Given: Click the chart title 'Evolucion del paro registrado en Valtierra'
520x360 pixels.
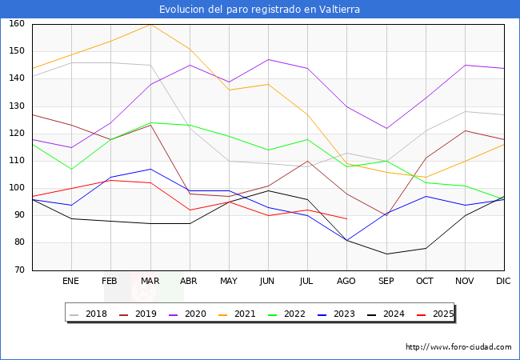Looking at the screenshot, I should coord(259,10).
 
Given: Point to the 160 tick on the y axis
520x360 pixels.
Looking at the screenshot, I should coord(16,24).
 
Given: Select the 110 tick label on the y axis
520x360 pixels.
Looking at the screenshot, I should coord(16,161).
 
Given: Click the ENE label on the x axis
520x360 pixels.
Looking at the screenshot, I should coord(71,282).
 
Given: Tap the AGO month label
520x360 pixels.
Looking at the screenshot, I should coord(346,282).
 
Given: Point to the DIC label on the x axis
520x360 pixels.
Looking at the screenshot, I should coord(503,282).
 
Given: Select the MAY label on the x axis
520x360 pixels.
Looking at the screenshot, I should coord(229,282).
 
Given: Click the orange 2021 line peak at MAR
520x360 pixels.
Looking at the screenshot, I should coord(150,24).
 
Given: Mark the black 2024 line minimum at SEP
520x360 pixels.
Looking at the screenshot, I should coord(386,254).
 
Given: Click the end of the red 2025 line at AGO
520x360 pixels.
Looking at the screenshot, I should coord(346,218).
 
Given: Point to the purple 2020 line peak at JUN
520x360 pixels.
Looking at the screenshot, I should coord(268,60).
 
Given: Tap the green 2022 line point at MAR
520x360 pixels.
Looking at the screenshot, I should coord(150,122).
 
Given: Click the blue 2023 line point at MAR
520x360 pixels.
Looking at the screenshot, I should coord(150,169).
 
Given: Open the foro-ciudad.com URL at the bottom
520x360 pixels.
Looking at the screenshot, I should coord(458,347).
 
